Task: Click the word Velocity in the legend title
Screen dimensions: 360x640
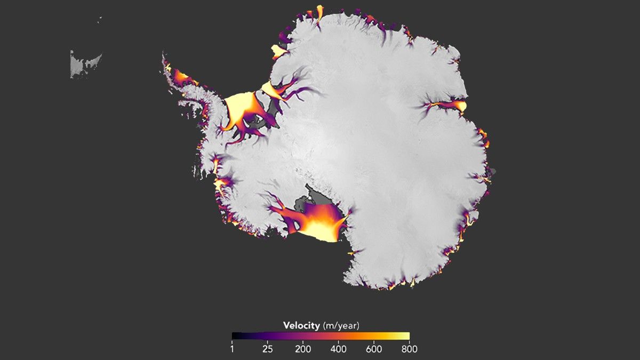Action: [x=301, y=325]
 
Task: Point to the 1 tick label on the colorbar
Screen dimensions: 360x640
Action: [x=233, y=349]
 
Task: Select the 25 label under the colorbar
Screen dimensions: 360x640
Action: [x=268, y=349]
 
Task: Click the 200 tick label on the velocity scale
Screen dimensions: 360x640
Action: [x=303, y=349]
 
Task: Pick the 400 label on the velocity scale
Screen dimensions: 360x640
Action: [x=339, y=349]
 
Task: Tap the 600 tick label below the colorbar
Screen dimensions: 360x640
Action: [x=374, y=349]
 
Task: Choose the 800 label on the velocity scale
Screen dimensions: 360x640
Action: [x=409, y=349]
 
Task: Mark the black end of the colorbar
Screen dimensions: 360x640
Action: [x=235, y=336]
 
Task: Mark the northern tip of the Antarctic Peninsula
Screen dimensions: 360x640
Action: [x=164, y=56]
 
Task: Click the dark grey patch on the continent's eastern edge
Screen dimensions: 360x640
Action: [x=492, y=172]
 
